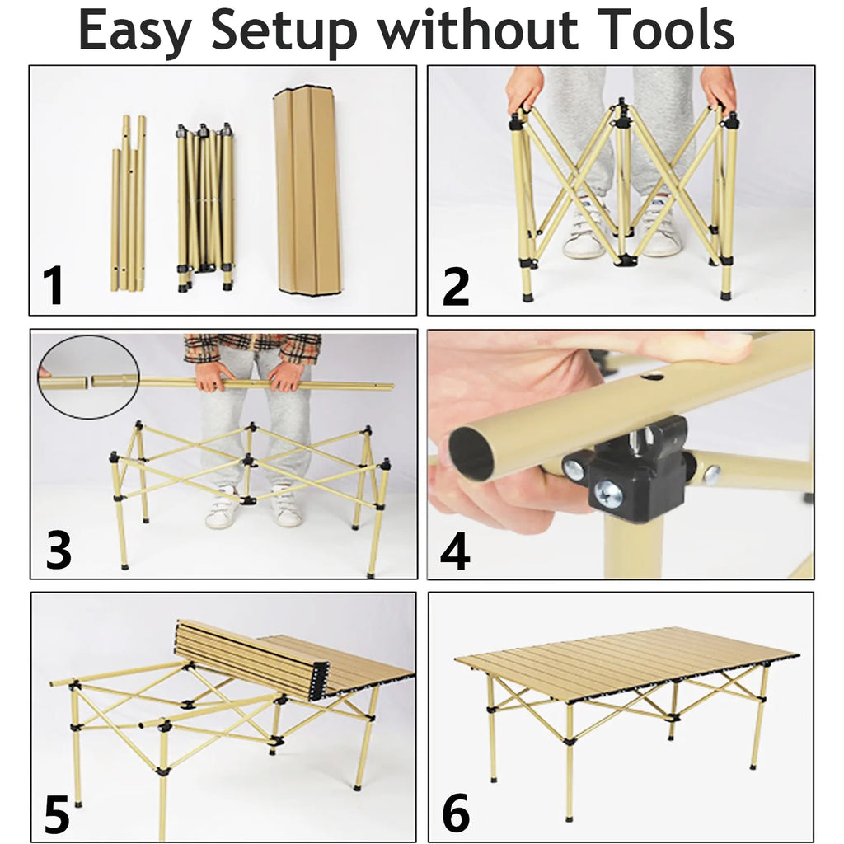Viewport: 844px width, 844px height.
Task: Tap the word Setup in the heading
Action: click(x=285, y=31)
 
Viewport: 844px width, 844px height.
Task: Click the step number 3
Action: click(x=58, y=551)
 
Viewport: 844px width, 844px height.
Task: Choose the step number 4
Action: click(x=455, y=551)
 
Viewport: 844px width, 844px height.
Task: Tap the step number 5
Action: click(x=57, y=814)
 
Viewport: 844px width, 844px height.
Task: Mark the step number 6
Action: click(x=456, y=814)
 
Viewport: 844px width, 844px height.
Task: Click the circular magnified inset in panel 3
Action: click(x=88, y=376)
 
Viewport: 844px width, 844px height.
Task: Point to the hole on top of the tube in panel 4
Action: click(x=651, y=377)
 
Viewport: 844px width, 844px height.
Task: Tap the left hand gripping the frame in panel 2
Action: click(x=524, y=87)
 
